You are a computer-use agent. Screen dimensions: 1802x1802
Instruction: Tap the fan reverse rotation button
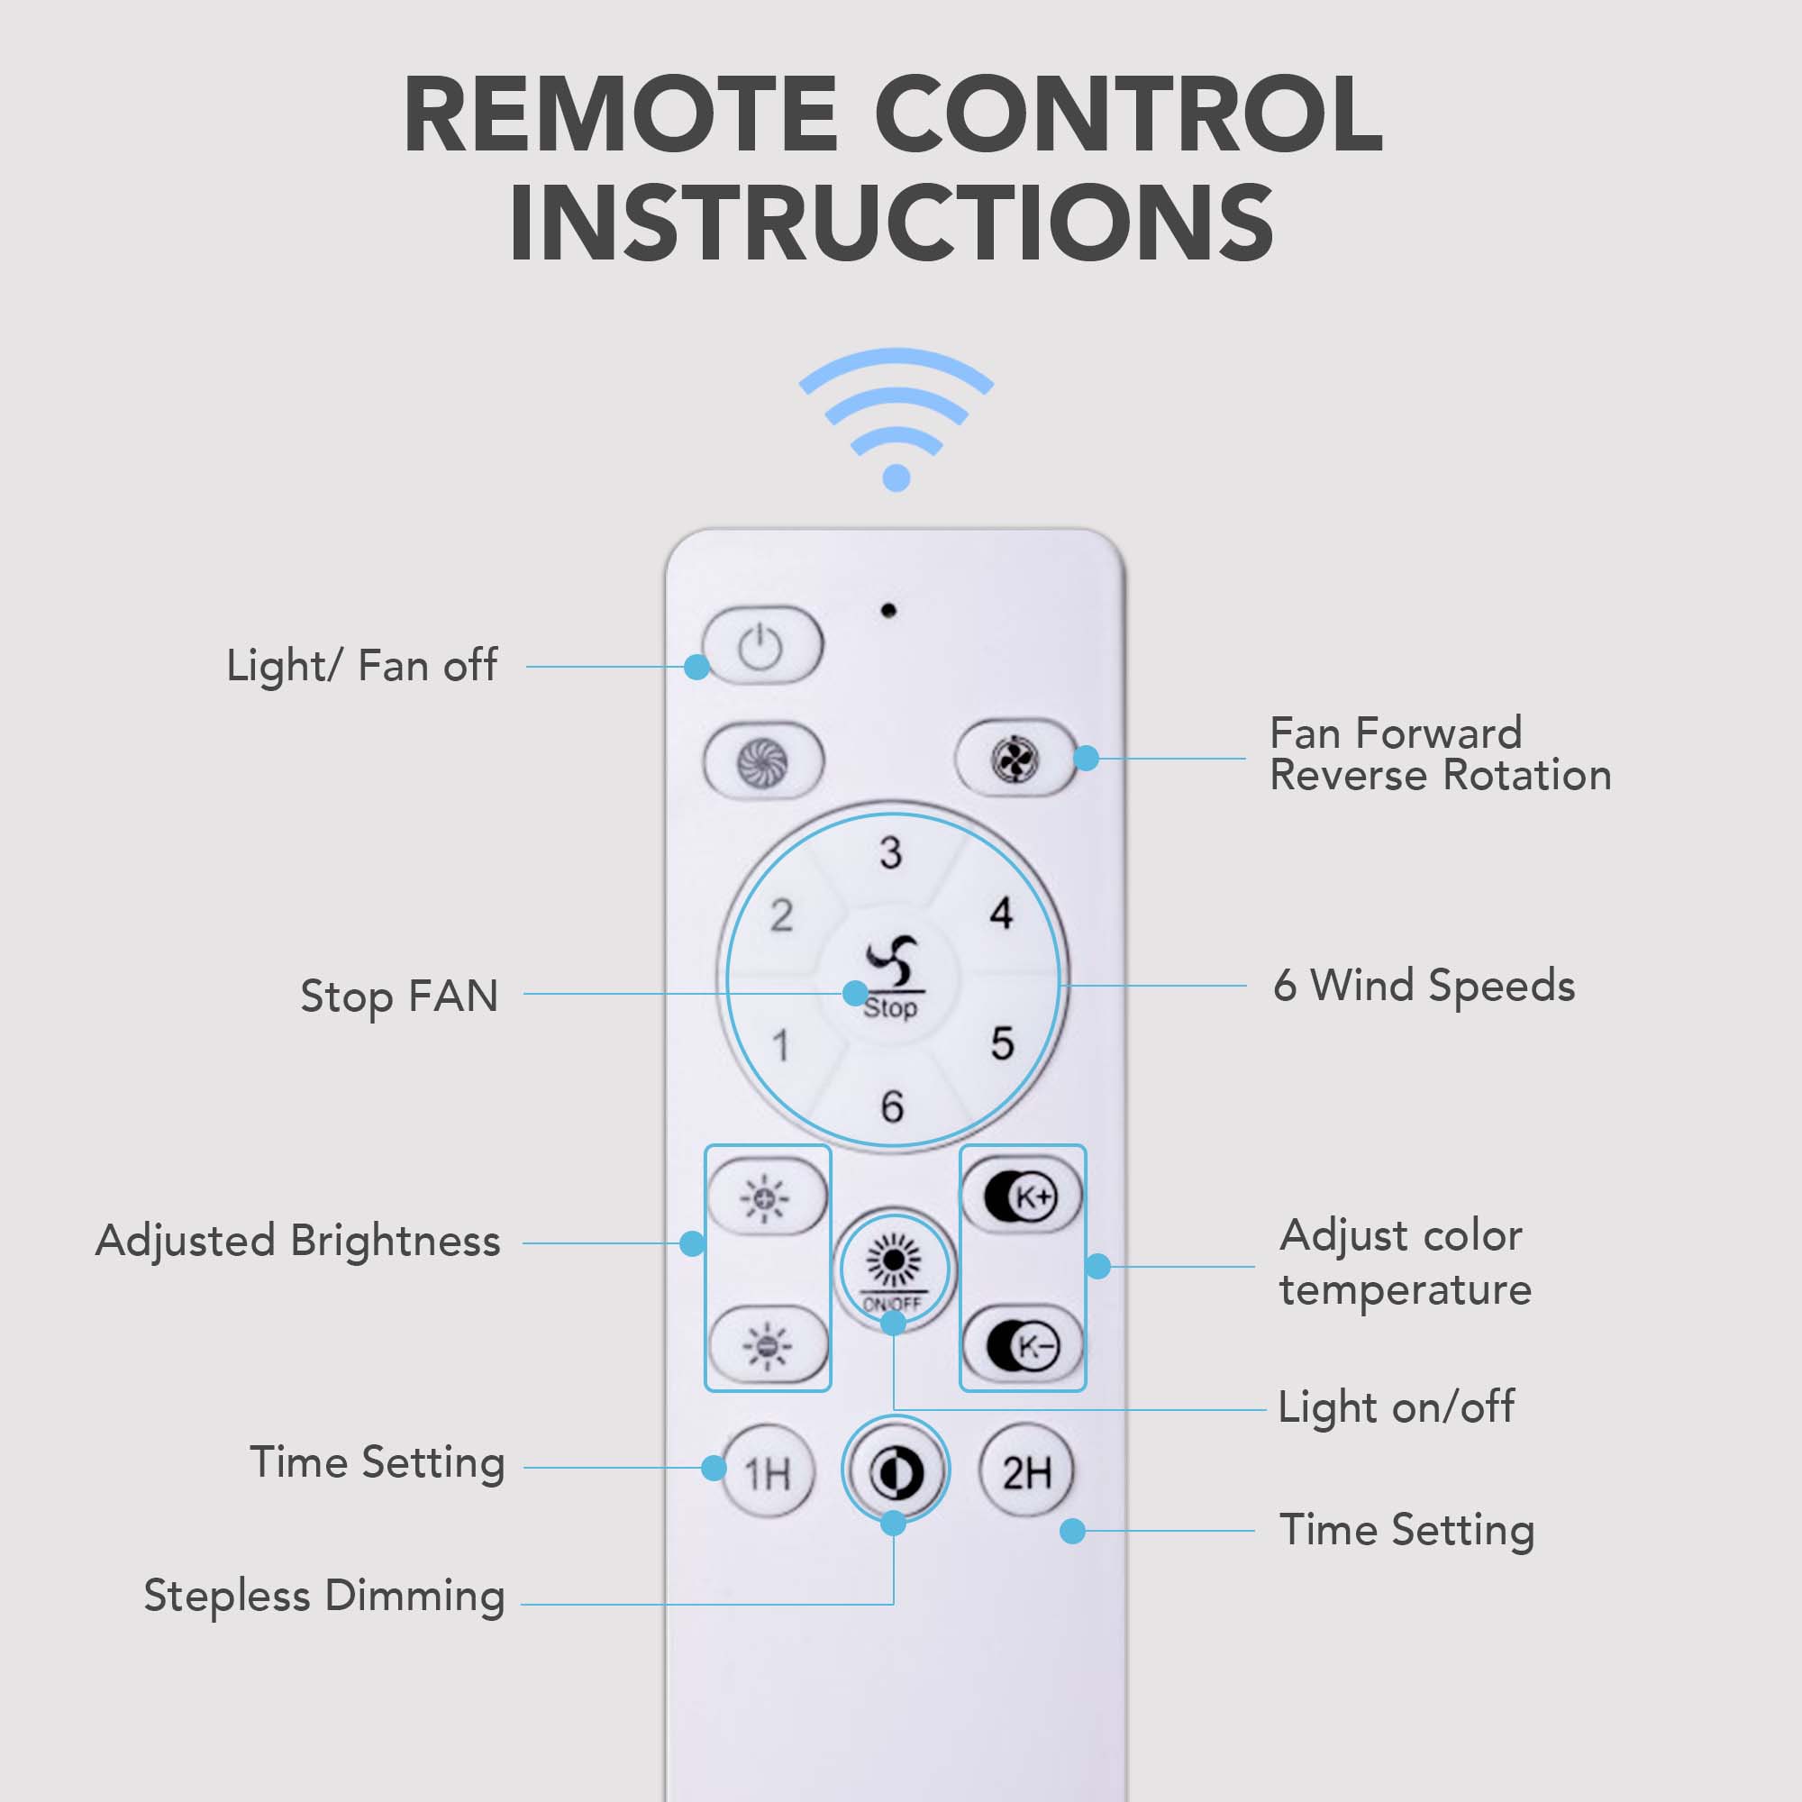pyautogui.click(x=1015, y=759)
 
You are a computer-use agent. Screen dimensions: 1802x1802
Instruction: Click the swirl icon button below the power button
pyautogui.click(x=763, y=762)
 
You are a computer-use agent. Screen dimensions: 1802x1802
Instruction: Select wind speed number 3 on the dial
pyautogui.click(x=891, y=852)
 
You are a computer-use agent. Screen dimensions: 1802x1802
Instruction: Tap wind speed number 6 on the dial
pyautogui.click(x=893, y=1107)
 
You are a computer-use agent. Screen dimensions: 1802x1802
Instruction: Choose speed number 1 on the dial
pyautogui.click(x=781, y=1045)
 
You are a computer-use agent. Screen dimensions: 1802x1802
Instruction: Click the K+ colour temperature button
pyautogui.click(x=1022, y=1197)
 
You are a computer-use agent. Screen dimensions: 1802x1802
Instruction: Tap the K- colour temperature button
pyautogui.click(x=1023, y=1345)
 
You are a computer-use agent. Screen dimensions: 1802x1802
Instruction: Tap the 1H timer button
pyautogui.click(x=768, y=1474)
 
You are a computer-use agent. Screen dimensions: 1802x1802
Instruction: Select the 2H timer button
pyautogui.click(x=1027, y=1472)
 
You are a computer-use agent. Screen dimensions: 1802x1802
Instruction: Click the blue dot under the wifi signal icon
pyautogui.click(x=896, y=478)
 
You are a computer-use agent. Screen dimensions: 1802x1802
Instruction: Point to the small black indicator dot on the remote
pyautogui.click(x=888, y=610)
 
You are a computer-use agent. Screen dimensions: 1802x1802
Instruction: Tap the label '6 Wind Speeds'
pyautogui.click(x=1424, y=986)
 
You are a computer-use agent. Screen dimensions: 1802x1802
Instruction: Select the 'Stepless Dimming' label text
pyautogui.click(x=323, y=1596)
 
